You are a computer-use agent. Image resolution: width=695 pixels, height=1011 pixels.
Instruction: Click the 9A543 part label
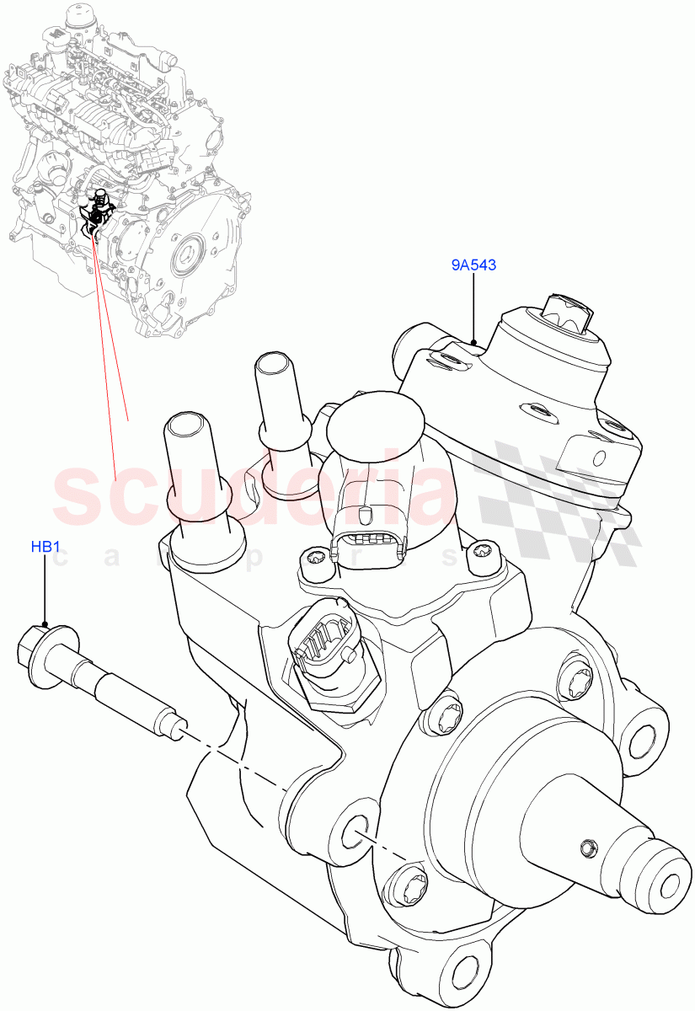473,265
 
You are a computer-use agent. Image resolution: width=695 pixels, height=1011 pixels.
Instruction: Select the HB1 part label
45,547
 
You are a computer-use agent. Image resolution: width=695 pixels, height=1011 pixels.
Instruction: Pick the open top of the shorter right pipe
274,364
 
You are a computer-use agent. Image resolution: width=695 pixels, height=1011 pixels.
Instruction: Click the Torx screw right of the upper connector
481,552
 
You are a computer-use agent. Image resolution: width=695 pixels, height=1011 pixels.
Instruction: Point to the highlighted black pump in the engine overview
96,216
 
